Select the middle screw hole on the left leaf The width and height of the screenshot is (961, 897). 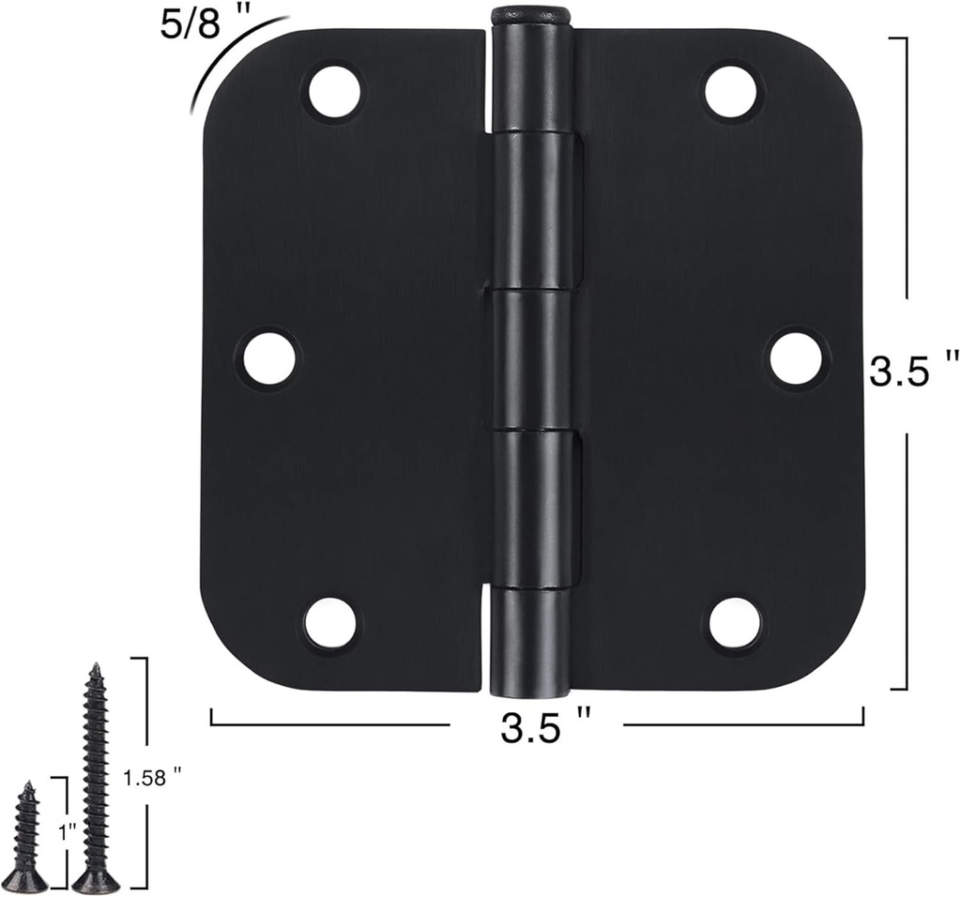click(x=269, y=358)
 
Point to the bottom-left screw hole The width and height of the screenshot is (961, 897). click(x=330, y=623)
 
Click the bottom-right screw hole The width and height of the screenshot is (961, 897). click(x=735, y=623)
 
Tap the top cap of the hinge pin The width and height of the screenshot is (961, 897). click(x=530, y=14)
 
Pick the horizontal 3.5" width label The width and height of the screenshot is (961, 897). click(x=545, y=727)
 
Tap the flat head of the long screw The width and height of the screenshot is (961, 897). click(x=96, y=882)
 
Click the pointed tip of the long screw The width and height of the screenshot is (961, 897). click(x=95, y=667)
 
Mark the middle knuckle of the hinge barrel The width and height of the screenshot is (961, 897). click(x=530, y=358)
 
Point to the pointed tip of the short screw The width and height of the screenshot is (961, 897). click(x=30, y=784)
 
